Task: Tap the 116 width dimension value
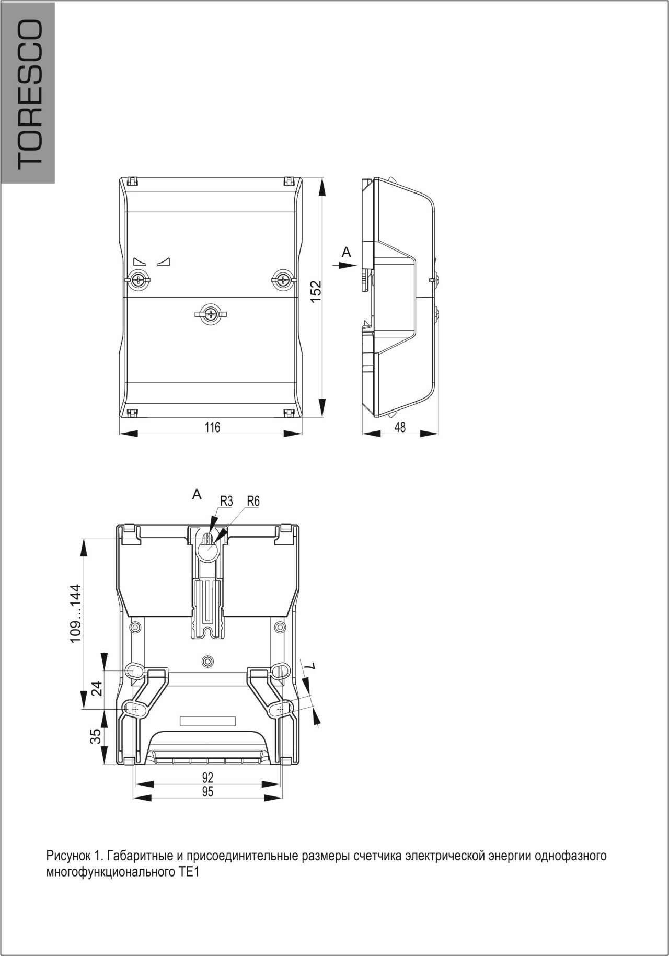(x=212, y=427)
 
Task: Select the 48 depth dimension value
(x=400, y=427)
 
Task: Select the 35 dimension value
(x=96, y=736)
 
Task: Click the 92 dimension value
(x=207, y=778)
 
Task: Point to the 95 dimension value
(x=207, y=792)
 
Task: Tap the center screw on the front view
(x=211, y=314)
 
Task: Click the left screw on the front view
(x=139, y=280)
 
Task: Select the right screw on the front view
(x=283, y=280)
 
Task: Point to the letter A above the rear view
(x=197, y=494)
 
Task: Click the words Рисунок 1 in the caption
(x=70, y=857)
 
